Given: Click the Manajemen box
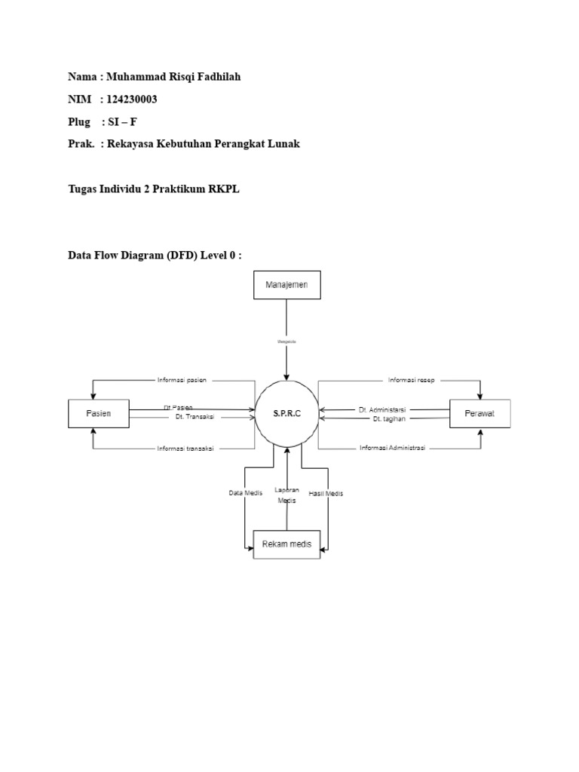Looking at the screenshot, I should pyautogui.click(x=286, y=285).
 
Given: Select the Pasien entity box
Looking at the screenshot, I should pyautogui.click(x=99, y=414).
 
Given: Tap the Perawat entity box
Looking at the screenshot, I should pyautogui.click(x=479, y=414).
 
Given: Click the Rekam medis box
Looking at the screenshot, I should pyautogui.click(x=286, y=544).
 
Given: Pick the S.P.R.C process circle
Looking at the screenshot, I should pyautogui.click(x=286, y=413).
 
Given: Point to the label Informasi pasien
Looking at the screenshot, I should pyautogui.click(x=182, y=380).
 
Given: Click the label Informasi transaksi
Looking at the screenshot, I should pyautogui.click(x=185, y=448).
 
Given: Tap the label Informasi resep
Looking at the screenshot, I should pyautogui.click(x=411, y=380).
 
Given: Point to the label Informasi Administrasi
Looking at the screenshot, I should pyautogui.click(x=392, y=448).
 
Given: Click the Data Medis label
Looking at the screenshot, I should pyautogui.click(x=245, y=493).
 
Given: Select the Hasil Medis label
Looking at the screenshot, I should pyautogui.click(x=326, y=493).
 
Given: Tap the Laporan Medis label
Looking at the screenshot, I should pyautogui.click(x=287, y=495).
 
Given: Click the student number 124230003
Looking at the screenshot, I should pyautogui.click(x=132, y=100).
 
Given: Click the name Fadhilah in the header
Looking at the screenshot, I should pyautogui.click(x=216, y=77).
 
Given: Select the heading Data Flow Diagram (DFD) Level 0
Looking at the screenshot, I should pyautogui.click(x=155, y=256).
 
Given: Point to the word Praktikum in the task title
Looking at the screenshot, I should pyautogui.click(x=184, y=188).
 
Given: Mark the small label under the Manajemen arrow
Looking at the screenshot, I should pyautogui.click(x=286, y=342).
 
